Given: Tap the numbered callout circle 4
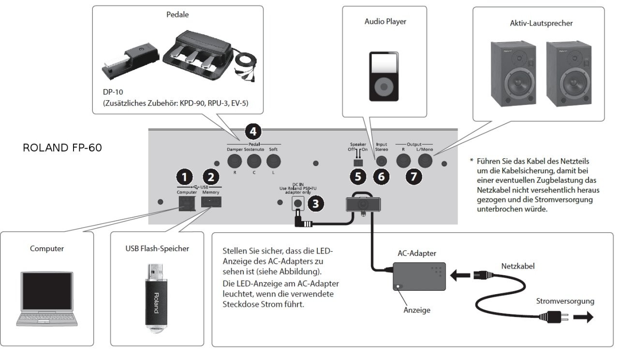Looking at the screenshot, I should point(253,131).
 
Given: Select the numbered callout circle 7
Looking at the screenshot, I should point(413,177).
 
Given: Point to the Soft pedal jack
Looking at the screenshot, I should point(274,161).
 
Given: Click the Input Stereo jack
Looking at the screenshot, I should point(382,160).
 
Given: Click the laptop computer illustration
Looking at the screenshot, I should point(47,298).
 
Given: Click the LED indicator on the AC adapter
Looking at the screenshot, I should point(398,286).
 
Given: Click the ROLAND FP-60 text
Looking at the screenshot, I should point(62,148).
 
